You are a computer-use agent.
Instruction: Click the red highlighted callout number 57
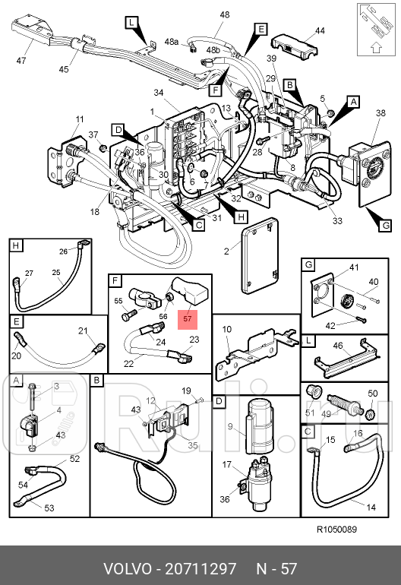coord(188,318)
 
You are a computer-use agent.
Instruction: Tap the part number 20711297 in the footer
coord(200,569)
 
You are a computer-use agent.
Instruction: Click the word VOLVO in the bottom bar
coord(128,569)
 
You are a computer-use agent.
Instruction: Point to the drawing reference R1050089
coord(336,530)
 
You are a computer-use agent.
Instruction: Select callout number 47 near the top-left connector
coord(21,60)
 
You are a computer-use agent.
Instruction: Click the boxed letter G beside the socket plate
coord(385,226)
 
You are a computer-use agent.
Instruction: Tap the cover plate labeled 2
coord(260,257)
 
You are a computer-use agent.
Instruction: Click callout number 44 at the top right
coord(320,30)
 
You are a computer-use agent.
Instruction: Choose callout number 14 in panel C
coord(371,507)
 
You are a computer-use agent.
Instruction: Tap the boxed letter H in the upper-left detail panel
coord(16,245)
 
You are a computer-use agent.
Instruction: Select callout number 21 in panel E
coord(83,330)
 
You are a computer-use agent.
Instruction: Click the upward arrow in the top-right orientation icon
coord(376,47)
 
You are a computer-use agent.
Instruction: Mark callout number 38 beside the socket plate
coord(380,112)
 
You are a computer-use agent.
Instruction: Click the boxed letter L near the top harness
coord(131,23)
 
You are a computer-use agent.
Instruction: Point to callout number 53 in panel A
coord(49,508)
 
